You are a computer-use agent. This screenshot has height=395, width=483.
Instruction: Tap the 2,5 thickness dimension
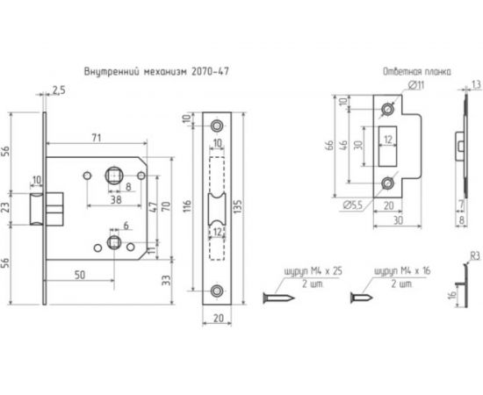[x=59, y=90]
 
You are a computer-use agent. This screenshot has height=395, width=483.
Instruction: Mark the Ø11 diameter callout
[x=416, y=85]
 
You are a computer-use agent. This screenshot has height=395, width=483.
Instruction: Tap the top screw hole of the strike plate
[x=390, y=110]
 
